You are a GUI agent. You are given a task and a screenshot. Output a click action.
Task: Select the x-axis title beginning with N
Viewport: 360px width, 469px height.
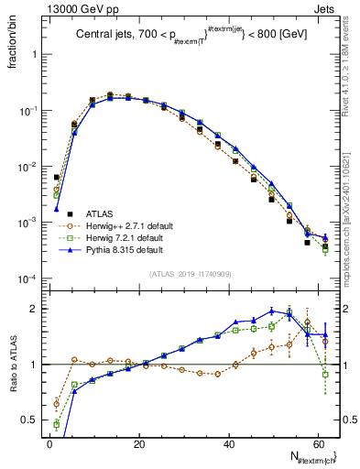click(x=311, y=456)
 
